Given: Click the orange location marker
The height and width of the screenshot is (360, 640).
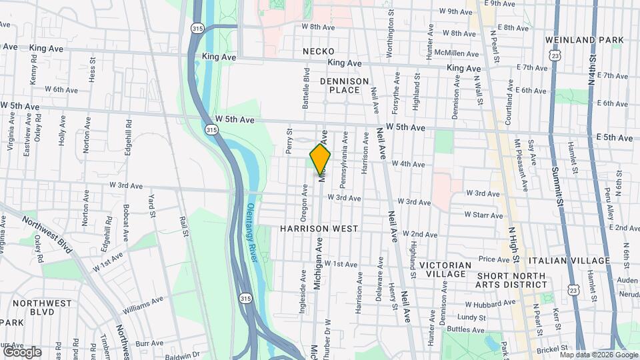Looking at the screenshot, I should pos(320,159).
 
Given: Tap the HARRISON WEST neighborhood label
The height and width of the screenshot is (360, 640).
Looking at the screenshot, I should pos(319,229).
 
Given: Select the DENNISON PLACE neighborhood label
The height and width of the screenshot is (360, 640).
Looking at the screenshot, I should pos(344,85).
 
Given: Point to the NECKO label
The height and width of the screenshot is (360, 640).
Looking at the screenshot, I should pos(318,51).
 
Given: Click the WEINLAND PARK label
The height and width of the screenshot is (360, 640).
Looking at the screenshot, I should pos(584,40).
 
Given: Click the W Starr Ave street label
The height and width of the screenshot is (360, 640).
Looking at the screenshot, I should pos(484,215).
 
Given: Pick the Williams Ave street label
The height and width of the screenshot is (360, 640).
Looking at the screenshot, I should pos(143,306).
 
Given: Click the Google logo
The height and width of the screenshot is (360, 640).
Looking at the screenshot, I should pos(22,351).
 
